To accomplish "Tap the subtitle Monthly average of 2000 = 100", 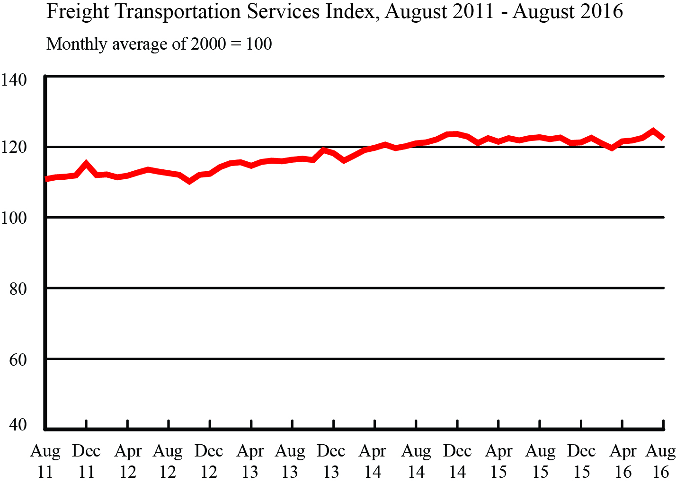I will click(x=159, y=44).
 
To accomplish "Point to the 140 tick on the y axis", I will click(x=14, y=79).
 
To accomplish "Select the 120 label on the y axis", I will click(x=14, y=148).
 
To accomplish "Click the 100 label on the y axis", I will click(x=14, y=219).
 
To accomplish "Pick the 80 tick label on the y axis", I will click(x=18, y=289).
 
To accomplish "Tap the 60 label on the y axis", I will click(x=18, y=360).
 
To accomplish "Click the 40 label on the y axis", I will click(x=18, y=425).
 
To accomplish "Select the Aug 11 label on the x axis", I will click(x=45, y=461).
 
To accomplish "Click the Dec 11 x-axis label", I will click(x=86, y=461).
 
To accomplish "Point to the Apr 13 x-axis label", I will click(x=250, y=461).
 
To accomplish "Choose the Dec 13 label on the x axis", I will click(x=331, y=461).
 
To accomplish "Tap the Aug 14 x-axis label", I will click(x=416, y=461).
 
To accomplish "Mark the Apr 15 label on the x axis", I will click(x=499, y=461).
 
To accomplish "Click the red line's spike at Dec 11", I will click(x=86, y=164).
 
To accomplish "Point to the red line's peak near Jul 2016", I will click(x=653, y=131).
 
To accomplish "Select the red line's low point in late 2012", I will click(x=189, y=181).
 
